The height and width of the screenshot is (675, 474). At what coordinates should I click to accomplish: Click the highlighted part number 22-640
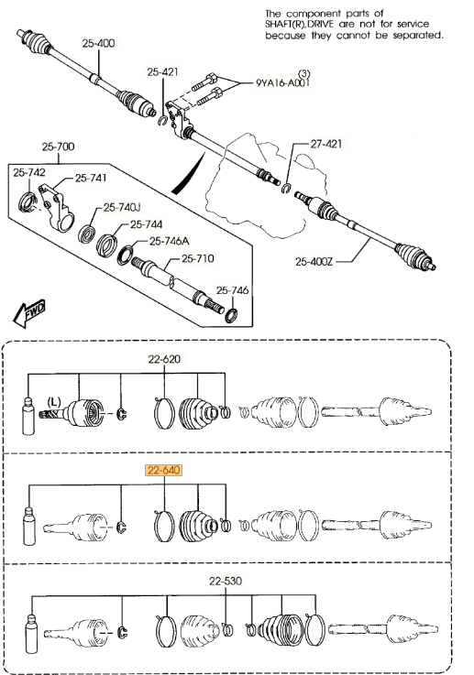click(x=164, y=470)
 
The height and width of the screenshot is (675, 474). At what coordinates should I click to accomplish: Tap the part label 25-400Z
click(x=314, y=261)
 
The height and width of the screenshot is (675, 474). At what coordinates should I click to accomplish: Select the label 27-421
click(x=326, y=144)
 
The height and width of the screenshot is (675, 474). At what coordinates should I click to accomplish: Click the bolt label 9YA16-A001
click(x=282, y=82)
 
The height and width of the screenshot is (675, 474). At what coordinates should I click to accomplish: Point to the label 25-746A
click(x=170, y=241)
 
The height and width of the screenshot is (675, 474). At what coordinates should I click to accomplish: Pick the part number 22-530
click(x=226, y=582)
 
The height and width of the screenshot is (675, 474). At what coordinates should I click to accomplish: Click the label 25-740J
click(x=122, y=208)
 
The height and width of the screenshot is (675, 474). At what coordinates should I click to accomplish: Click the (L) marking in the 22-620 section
click(x=54, y=402)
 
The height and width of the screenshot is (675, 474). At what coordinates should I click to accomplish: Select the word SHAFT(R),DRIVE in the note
click(x=299, y=25)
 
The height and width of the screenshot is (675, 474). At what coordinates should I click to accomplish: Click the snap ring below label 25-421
click(x=162, y=121)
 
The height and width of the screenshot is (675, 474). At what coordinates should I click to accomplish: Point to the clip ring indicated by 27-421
click(x=287, y=188)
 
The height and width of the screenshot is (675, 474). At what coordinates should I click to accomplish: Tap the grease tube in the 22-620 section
click(x=28, y=416)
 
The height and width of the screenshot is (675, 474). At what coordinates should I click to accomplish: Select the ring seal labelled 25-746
click(x=231, y=316)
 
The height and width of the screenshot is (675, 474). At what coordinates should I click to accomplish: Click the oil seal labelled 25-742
click(x=28, y=202)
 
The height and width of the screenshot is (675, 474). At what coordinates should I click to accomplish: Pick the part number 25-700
click(x=58, y=147)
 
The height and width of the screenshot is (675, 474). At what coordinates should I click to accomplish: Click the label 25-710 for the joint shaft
click(x=198, y=258)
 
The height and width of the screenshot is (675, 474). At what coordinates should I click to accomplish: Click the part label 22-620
click(x=164, y=359)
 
